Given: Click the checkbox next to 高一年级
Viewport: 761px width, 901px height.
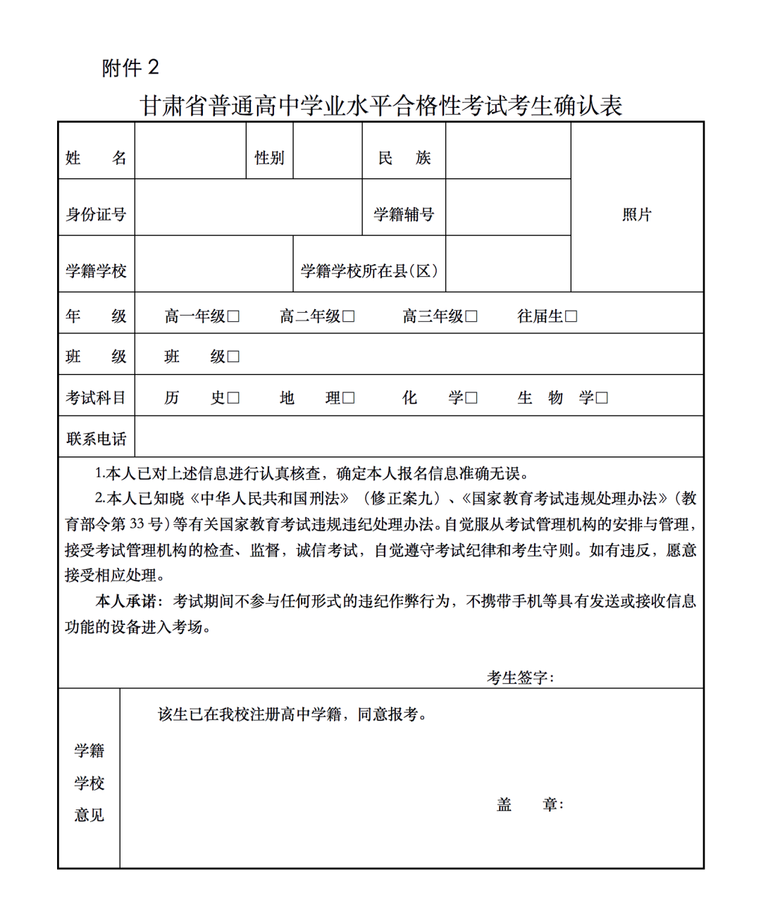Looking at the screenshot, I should click(x=234, y=317).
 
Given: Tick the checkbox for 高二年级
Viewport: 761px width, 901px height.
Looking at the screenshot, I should click(x=349, y=317).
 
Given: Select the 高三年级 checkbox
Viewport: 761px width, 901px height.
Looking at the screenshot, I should click(x=471, y=317).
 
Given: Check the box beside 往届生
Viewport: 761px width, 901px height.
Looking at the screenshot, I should click(x=571, y=317).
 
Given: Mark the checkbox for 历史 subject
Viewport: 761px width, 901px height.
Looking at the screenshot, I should click(x=234, y=398).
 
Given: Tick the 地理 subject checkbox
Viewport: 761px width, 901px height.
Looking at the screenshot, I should click(x=349, y=398).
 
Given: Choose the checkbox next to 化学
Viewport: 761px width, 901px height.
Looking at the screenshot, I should click(x=471, y=398).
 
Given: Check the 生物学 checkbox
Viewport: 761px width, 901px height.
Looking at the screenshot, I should click(x=602, y=398).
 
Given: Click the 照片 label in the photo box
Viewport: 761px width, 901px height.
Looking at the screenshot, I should click(x=636, y=215).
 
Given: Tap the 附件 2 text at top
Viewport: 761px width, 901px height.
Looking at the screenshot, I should click(x=130, y=68).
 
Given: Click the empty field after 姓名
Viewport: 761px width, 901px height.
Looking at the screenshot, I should click(x=190, y=151).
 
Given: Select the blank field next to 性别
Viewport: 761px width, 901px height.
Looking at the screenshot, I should click(x=328, y=151).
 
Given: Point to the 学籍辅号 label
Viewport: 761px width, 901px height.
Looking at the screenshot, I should click(x=404, y=214).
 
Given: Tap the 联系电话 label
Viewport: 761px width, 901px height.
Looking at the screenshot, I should click(x=97, y=439).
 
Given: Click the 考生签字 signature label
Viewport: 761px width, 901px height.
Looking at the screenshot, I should click(x=520, y=678).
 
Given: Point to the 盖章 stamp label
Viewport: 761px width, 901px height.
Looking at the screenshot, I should click(x=529, y=804).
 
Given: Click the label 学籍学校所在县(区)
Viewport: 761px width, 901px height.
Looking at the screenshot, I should click(x=369, y=271).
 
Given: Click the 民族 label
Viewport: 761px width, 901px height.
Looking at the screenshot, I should click(x=404, y=158).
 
